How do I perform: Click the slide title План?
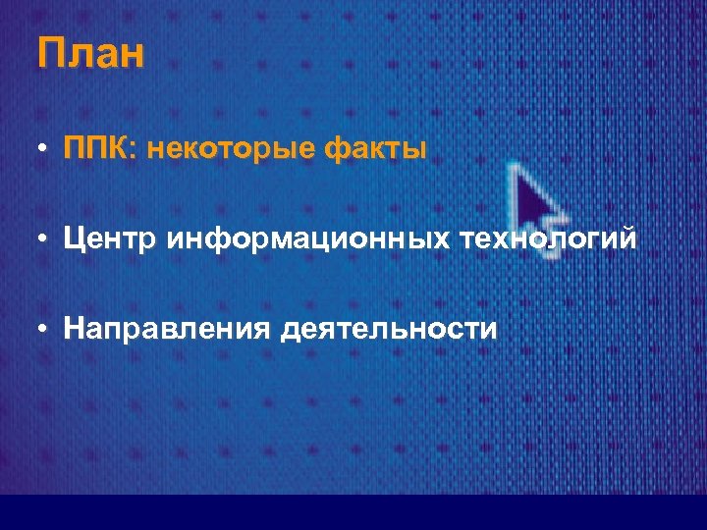pyautogui.click(x=90, y=53)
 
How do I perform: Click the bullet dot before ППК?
pyautogui.click(x=45, y=151)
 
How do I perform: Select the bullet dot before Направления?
pyautogui.click(x=45, y=328)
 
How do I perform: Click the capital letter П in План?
pyautogui.click(x=50, y=53)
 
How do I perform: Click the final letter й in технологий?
pyautogui.click(x=626, y=238)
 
